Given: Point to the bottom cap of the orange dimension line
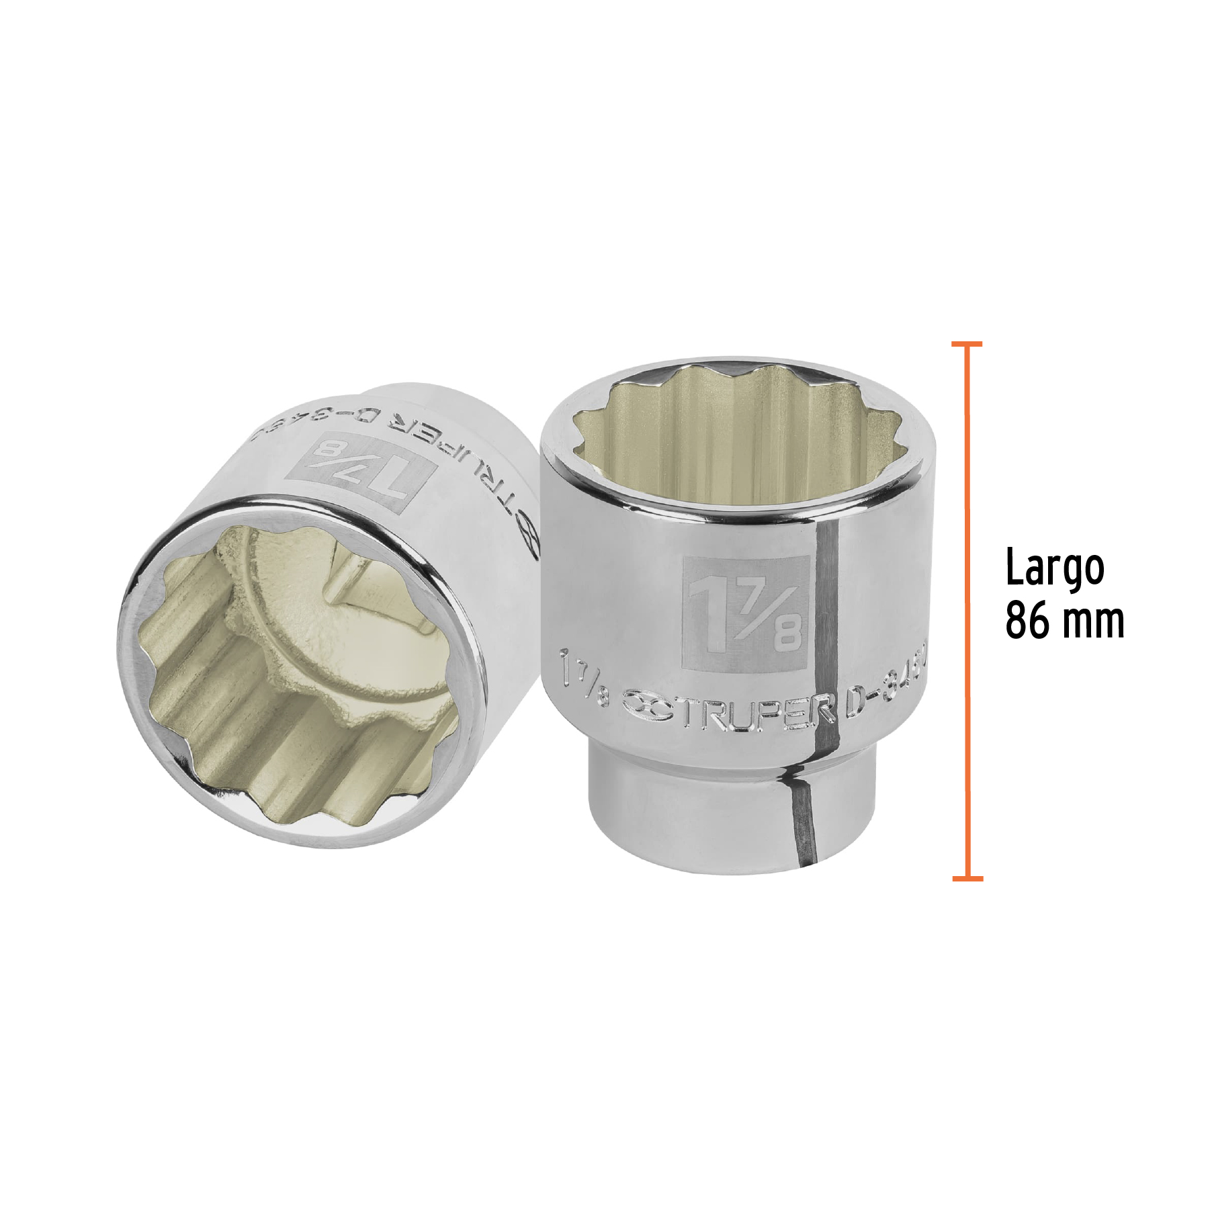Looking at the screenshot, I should (967, 878).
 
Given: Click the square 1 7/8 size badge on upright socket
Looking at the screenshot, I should (744, 612).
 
